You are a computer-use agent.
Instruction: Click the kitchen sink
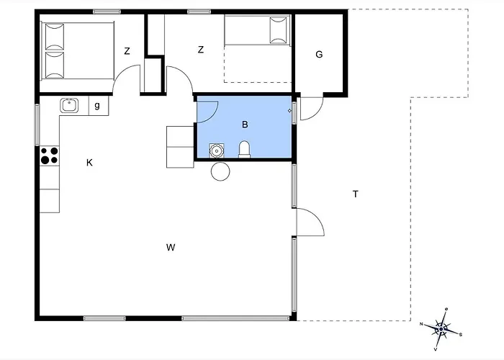click(x=69, y=105)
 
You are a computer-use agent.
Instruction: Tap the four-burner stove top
click(x=50, y=156)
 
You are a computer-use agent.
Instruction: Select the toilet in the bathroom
click(x=244, y=150)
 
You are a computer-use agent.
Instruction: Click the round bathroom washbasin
click(x=217, y=150)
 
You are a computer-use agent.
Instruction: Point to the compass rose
click(x=441, y=329)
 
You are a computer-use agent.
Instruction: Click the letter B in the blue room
click(x=245, y=125)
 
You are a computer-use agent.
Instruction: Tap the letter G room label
click(x=319, y=54)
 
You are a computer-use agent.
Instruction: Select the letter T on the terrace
click(x=355, y=194)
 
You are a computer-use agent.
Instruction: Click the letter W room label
click(x=171, y=247)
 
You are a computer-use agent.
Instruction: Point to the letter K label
click(x=89, y=163)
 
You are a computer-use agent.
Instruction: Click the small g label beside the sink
click(x=97, y=105)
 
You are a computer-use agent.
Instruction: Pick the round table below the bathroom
click(x=220, y=171)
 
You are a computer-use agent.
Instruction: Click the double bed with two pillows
click(x=78, y=51)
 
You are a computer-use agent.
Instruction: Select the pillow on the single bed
click(x=279, y=30)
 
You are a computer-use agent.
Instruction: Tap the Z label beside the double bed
click(x=127, y=51)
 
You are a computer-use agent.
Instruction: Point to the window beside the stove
click(x=37, y=125)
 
